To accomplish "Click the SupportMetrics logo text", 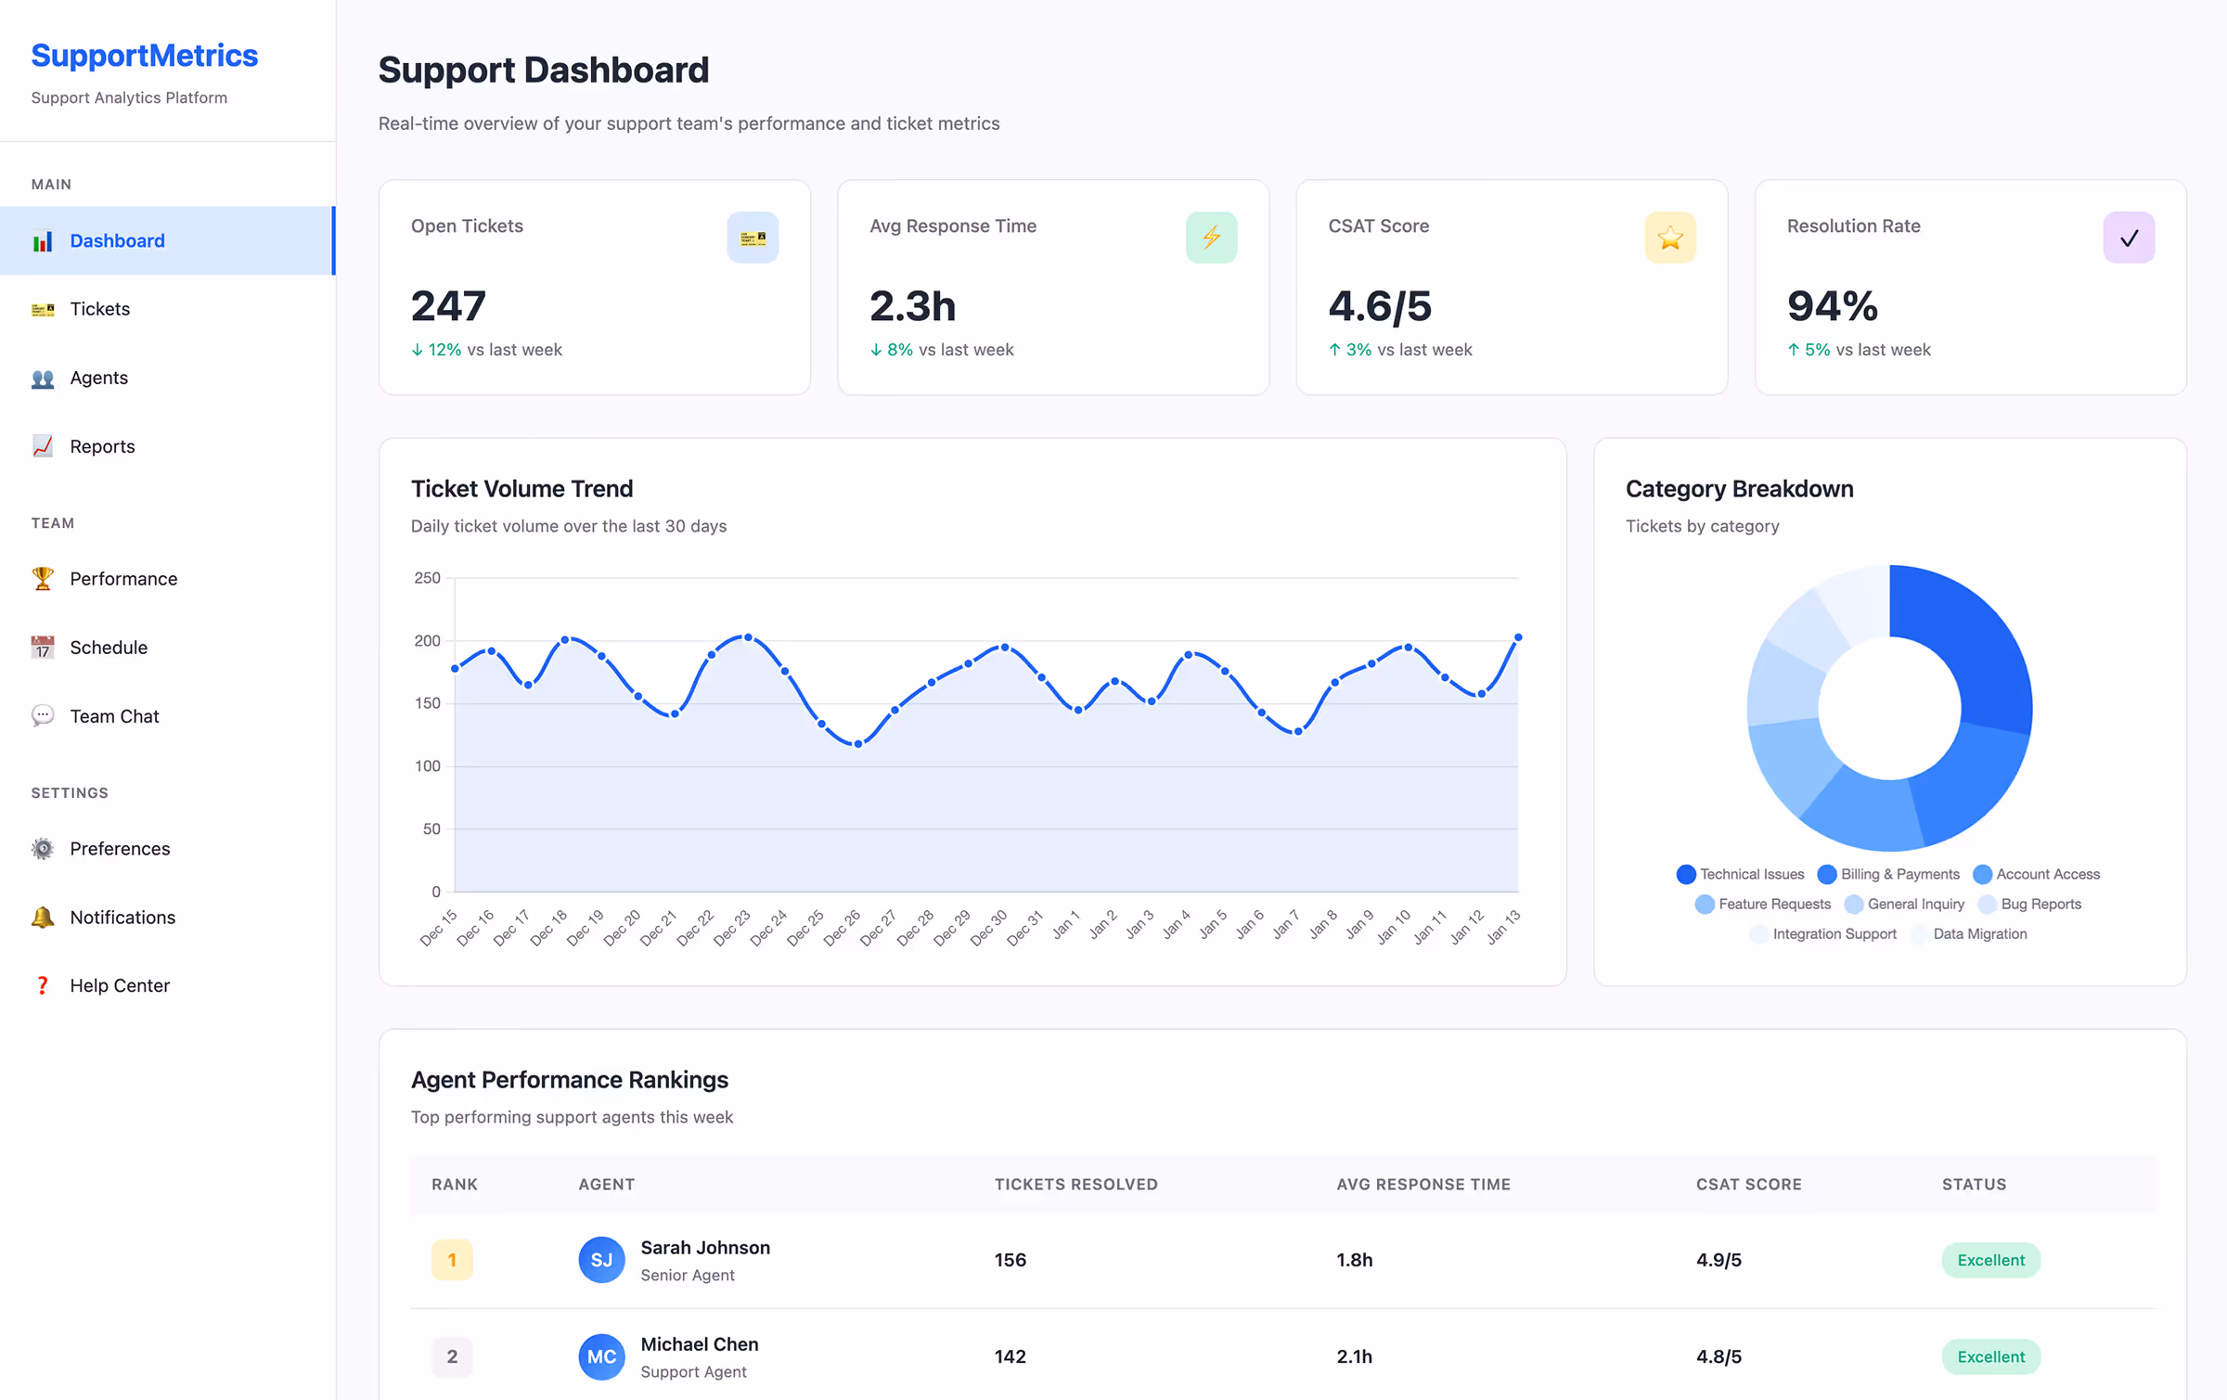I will tap(144, 56).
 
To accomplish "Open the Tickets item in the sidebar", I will tap(99, 309).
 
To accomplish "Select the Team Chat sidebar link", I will tap(114, 716).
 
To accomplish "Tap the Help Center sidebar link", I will tap(119, 985).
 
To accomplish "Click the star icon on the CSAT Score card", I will tap(1669, 238).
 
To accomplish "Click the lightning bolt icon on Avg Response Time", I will tap(1211, 238).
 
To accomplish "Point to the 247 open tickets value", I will tap(448, 306).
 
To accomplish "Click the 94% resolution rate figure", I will tap(1832, 306).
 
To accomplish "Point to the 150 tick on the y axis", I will tap(427, 703).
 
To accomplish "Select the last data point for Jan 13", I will tap(1518, 637).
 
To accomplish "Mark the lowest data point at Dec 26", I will tap(857, 744).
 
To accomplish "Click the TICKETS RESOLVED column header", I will tap(1075, 1184).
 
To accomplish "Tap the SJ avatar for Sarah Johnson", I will tap(601, 1260).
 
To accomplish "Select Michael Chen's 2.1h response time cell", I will tap(1354, 1356).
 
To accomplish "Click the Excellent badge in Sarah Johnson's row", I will tap(1990, 1260).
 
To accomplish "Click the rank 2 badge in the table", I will tap(452, 1356).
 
